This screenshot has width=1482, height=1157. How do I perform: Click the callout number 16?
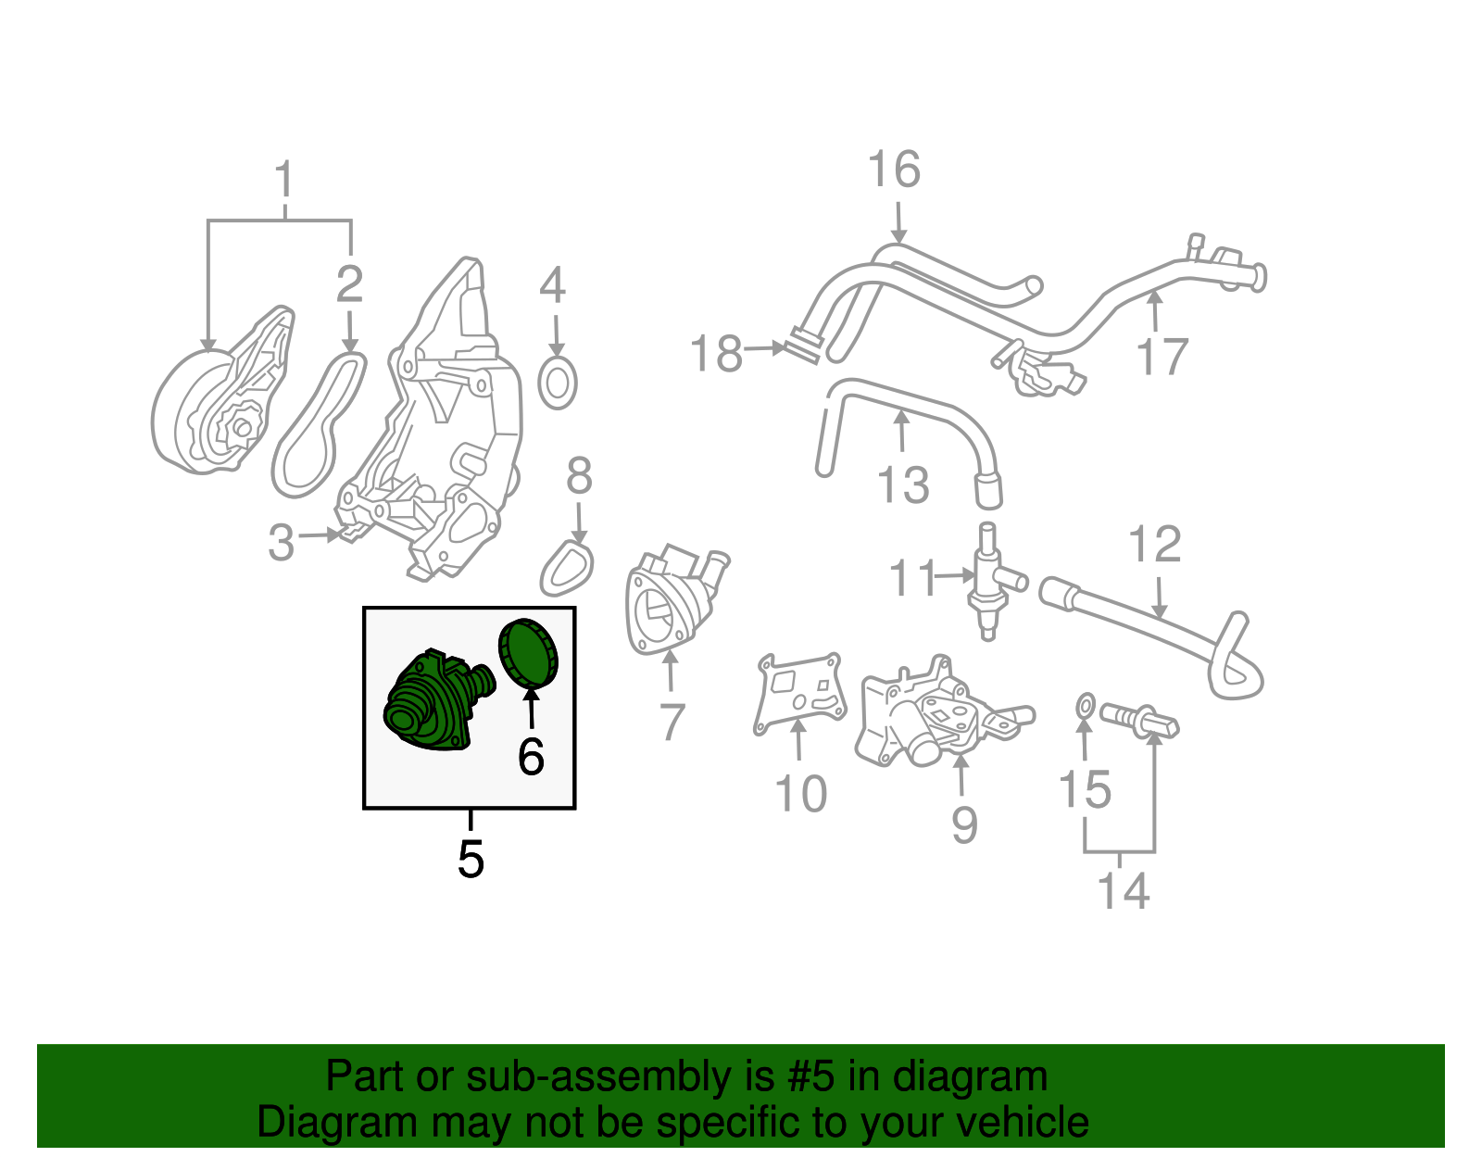coord(894,170)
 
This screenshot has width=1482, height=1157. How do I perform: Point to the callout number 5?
coord(471,860)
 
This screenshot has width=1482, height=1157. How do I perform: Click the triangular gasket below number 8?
coord(567,569)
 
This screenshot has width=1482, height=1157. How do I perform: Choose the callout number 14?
coord(1123,891)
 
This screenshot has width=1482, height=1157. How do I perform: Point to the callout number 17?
coord(1162,357)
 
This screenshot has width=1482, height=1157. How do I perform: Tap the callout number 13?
coord(903,485)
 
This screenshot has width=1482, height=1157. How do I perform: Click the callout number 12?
coord(1155,545)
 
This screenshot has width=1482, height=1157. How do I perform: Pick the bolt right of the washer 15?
coord(1139,719)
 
